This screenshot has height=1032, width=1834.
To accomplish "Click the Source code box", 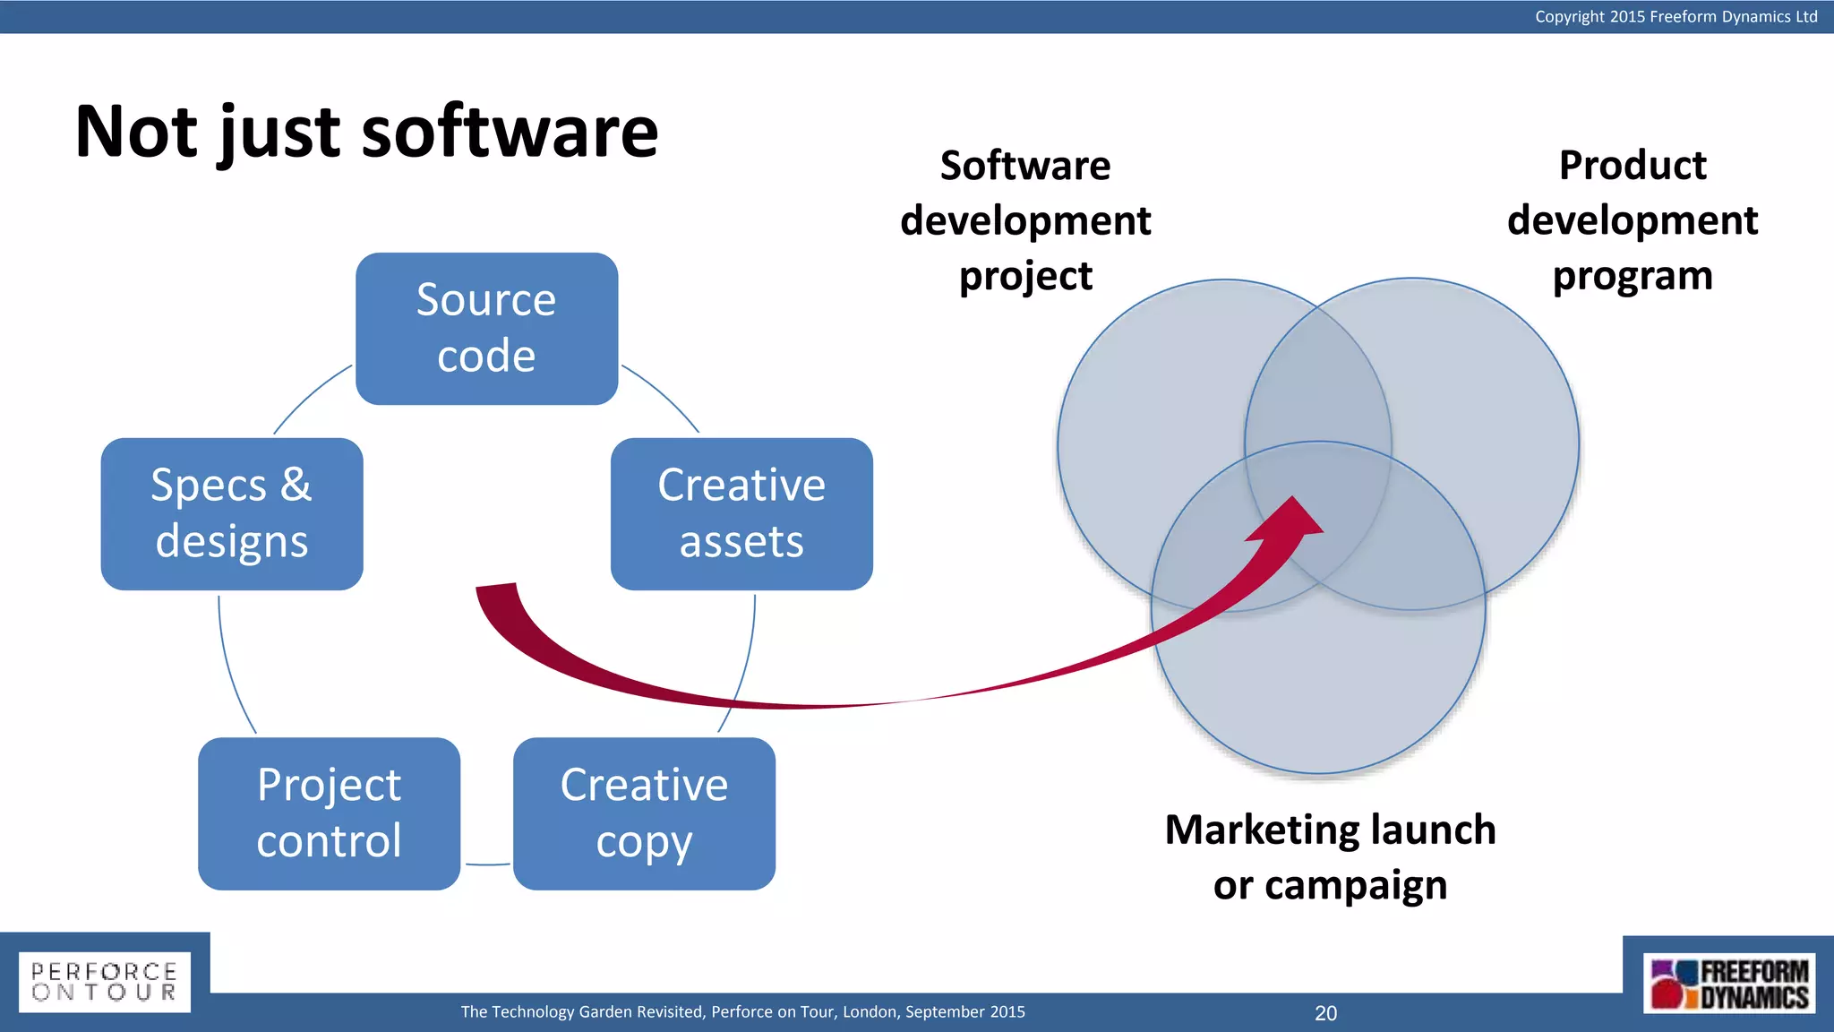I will pyautogui.click(x=486, y=328).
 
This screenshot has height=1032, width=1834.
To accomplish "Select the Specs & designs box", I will pyautogui.click(x=232, y=513).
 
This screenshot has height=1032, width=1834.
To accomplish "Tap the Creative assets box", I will pyautogui.click(x=741, y=513).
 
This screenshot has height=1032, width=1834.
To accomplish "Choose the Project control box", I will pyautogui.click(x=329, y=813).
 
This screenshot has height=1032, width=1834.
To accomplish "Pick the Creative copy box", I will pyautogui.click(x=644, y=813).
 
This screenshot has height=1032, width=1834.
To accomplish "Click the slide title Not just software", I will pyautogui.click(x=366, y=132).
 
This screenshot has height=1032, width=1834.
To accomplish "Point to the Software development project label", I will pyautogui.click(x=1025, y=220).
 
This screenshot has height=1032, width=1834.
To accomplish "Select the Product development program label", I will pyautogui.click(x=1632, y=220).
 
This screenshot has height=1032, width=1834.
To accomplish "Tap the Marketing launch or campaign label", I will pyautogui.click(x=1330, y=857).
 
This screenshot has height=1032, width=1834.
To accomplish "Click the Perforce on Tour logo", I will pyautogui.click(x=105, y=982).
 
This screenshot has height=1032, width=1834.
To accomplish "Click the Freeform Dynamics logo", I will pyautogui.click(x=1728, y=984).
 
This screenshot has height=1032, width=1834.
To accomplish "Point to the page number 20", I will pyautogui.click(x=1325, y=1013).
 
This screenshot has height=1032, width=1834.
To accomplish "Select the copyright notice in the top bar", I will pyautogui.click(x=1675, y=16).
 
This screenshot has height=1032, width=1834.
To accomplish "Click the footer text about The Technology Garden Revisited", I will pyautogui.click(x=742, y=1012).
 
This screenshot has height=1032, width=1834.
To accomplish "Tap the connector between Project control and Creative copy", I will pyautogui.click(x=487, y=864).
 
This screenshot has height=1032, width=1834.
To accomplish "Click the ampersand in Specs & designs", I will pyautogui.click(x=296, y=485).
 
